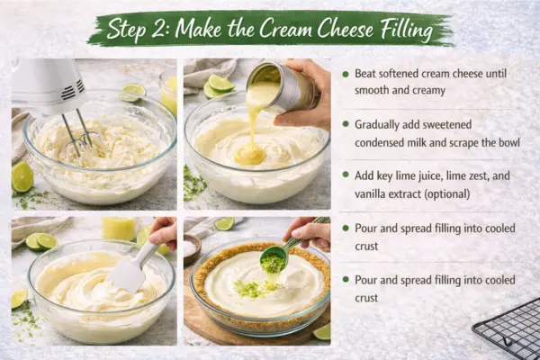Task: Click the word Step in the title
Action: (129, 29)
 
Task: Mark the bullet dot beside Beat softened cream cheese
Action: (346, 73)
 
